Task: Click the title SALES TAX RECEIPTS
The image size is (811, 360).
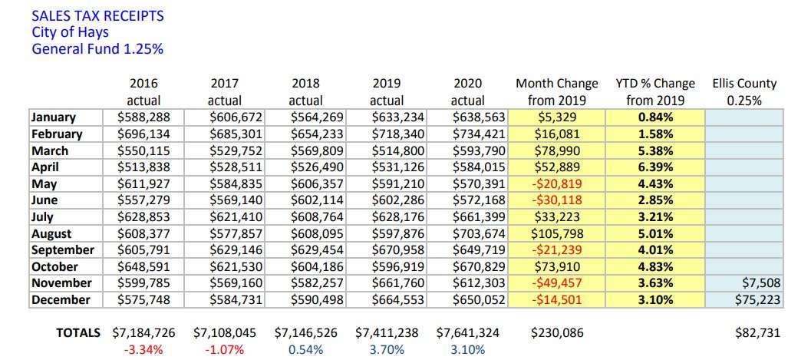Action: point(97,15)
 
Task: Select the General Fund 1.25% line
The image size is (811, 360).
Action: point(97,48)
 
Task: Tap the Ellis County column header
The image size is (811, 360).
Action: point(744,91)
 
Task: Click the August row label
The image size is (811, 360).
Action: point(51,234)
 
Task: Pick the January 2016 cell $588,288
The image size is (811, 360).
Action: point(143,117)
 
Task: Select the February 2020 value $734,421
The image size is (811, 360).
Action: point(479,134)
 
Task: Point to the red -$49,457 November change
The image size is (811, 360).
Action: point(556,283)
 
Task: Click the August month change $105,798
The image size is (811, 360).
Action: point(556,234)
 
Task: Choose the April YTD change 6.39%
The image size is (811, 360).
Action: point(655,167)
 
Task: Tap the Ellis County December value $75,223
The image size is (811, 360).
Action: point(758,300)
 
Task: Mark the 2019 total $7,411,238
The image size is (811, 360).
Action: point(387,333)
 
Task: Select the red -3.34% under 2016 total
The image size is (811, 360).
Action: point(143,350)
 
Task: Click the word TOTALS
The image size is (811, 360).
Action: point(78,333)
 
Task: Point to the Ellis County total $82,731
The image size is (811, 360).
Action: point(757,333)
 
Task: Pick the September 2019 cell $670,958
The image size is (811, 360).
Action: point(398,250)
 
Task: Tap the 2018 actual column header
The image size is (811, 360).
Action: point(305,91)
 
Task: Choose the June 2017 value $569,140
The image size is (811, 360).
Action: point(236,200)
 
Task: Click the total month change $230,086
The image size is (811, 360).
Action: point(557,333)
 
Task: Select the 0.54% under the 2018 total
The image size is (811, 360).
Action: point(305,350)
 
